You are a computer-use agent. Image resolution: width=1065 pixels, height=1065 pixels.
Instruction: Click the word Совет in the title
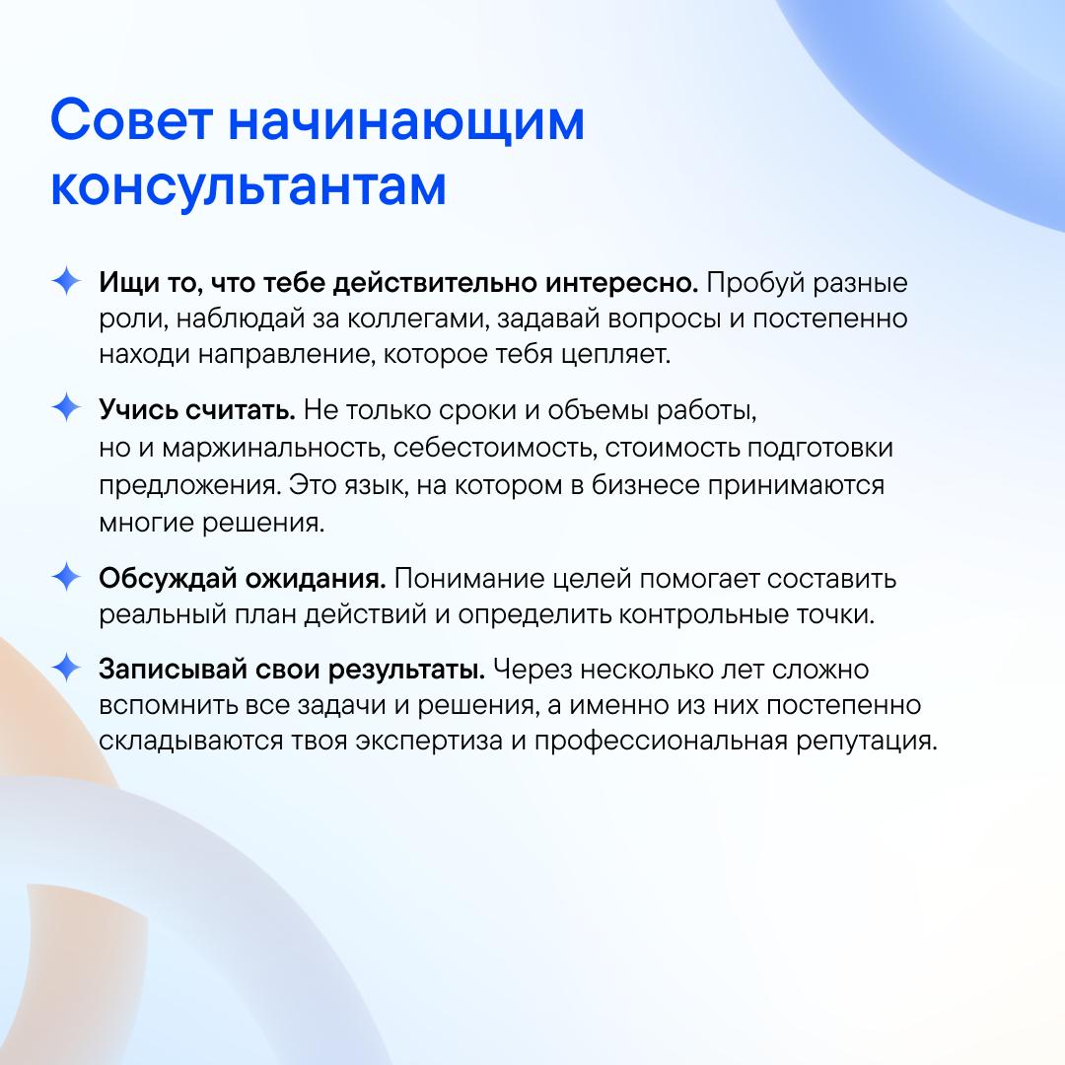(x=132, y=120)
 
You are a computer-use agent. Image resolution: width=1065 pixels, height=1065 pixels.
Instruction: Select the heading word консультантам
(x=248, y=186)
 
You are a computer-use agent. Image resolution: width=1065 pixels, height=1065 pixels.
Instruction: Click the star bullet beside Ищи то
(x=67, y=280)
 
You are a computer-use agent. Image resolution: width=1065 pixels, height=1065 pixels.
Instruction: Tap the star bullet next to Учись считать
(x=67, y=407)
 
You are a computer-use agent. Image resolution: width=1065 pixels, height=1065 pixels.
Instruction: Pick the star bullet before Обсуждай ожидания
(x=67, y=577)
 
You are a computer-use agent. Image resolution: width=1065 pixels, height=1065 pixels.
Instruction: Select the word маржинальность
(x=274, y=449)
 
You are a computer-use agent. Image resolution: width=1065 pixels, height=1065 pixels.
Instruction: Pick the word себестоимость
(x=495, y=449)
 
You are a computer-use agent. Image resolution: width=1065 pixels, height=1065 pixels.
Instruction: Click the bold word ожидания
(x=316, y=580)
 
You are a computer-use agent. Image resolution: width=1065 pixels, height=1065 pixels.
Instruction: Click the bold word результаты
(x=407, y=671)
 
